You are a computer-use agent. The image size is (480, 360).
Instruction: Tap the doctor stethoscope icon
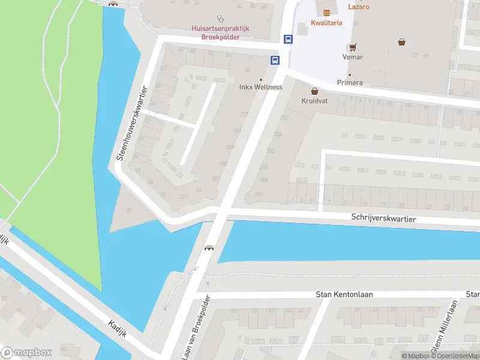(220, 18)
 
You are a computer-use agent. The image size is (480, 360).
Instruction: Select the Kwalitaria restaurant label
(326, 22)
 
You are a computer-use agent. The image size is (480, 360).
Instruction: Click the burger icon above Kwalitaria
(326, 12)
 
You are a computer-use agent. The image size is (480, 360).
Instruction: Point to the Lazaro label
(358, 7)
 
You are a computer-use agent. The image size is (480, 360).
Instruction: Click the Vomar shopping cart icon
(352, 47)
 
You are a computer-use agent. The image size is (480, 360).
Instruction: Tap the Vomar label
(352, 58)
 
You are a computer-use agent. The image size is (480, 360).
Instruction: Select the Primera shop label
(350, 82)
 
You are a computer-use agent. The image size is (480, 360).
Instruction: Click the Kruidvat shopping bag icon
(314, 91)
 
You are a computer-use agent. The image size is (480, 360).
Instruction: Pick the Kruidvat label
(314, 101)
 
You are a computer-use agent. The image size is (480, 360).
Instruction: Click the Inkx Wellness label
(260, 87)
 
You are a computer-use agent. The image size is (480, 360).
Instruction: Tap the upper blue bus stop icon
(289, 40)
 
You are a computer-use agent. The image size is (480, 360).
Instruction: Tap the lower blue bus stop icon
(275, 60)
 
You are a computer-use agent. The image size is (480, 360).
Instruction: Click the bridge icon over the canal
(209, 248)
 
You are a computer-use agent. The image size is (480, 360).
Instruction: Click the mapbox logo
(26, 352)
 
